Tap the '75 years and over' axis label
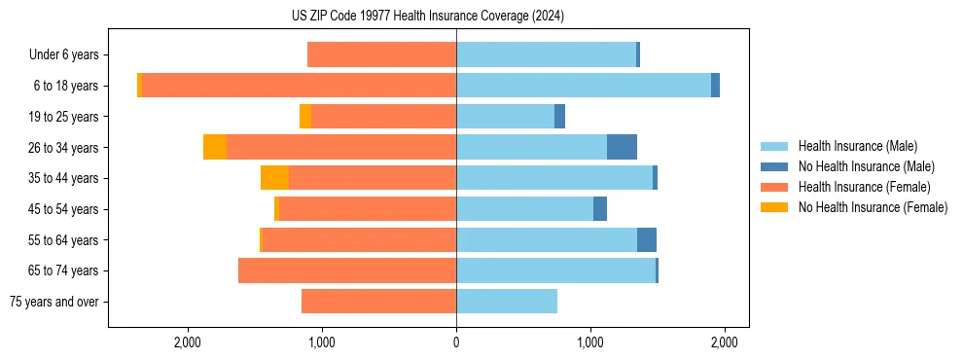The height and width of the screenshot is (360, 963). pos(58,302)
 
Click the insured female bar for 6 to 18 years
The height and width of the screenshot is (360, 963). pos(299,86)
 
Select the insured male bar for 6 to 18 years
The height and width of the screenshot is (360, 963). pos(584,86)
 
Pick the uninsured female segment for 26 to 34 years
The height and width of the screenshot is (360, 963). pos(215,147)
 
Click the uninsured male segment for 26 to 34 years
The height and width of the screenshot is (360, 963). pos(622,147)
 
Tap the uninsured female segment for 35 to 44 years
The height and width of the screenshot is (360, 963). pos(274,178)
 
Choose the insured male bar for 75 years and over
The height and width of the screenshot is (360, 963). pos(507,302)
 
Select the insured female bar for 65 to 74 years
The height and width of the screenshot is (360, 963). pos(347,270)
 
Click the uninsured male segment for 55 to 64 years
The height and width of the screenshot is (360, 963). pos(647,239)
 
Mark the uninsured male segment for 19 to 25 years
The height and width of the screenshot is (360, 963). pos(559,117)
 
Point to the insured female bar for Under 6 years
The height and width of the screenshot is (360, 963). pos(381,55)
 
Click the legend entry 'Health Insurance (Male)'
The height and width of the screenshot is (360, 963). pos(857,146)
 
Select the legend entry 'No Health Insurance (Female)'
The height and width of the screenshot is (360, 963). pos(873,207)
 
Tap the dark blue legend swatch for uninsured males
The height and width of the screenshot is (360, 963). pos(775,166)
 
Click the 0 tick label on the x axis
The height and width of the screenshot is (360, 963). pos(456,342)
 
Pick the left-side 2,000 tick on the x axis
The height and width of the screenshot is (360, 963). pos(187,342)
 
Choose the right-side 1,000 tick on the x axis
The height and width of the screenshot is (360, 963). pos(590,342)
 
